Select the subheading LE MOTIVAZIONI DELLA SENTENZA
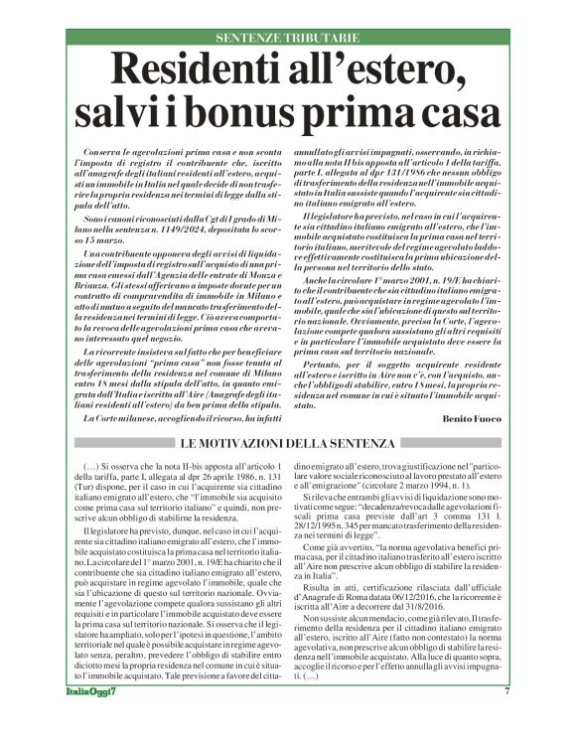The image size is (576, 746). (x=288, y=442)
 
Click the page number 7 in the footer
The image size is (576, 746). (x=534, y=719)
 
